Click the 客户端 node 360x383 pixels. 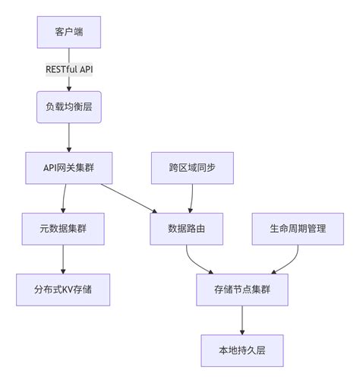(x=69, y=32)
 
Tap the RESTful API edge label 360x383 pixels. (x=69, y=69)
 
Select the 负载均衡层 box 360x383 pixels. (x=69, y=107)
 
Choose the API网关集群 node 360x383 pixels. (x=69, y=167)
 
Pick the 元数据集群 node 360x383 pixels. (x=63, y=228)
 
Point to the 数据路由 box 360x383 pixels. (x=187, y=228)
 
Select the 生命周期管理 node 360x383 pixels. (x=298, y=228)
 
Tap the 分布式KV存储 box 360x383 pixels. (x=63, y=289)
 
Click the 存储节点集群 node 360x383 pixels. (x=242, y=289)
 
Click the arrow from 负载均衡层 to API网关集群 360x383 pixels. (x=69, y=137)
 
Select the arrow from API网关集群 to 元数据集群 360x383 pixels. (x=65, y=198)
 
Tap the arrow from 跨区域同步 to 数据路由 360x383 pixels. (x=191, y=198)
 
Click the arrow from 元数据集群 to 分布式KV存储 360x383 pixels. (x=63, y=258)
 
